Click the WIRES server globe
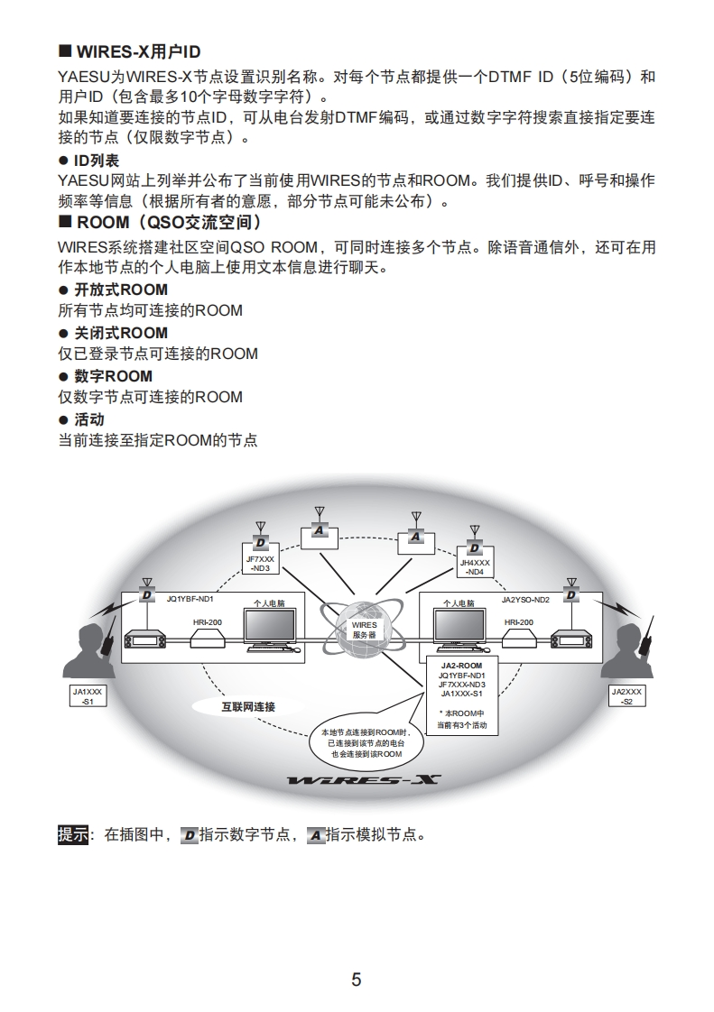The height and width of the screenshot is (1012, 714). pos(364,629)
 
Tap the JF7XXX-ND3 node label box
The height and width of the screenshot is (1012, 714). pos(260,564)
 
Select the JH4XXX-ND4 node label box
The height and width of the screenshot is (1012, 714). pos(475,566)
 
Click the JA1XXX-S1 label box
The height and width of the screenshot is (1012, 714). pos(88,695)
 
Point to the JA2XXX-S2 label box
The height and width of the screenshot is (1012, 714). pos(626,695)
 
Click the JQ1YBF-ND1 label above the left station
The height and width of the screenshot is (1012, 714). pos(190,599)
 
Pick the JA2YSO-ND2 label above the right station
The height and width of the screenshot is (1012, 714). pos(525,599)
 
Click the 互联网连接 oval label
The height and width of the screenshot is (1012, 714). pos(248,706)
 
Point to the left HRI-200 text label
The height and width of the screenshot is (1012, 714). pos(207,621)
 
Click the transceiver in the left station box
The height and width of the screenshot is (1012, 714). pos(147,639)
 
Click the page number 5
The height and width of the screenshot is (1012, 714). pos(357,980)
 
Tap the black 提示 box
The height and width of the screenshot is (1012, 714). pos(73,834)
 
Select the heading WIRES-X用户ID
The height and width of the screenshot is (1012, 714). pos(137,52)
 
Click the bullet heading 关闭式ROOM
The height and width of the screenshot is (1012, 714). pos(120,332)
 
